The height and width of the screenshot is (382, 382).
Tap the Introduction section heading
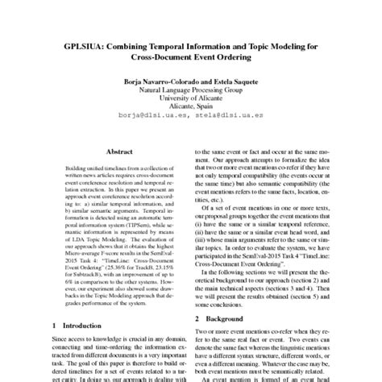pos(83,326)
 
